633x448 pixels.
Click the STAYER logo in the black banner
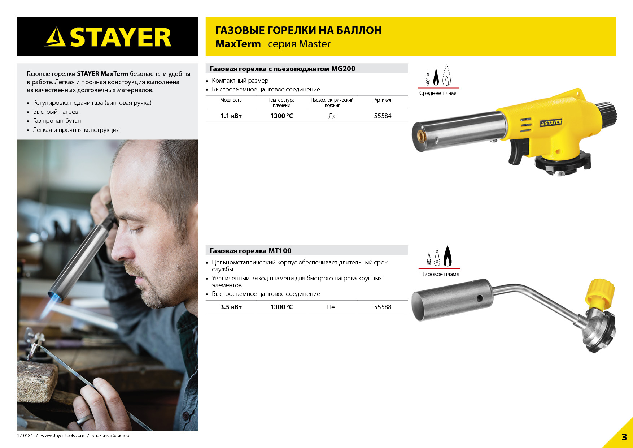[108, 37]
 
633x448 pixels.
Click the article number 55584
[383, 116]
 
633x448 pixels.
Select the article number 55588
[383, 307]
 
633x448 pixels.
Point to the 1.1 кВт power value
[231, 116]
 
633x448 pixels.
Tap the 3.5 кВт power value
[231, 307]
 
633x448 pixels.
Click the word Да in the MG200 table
[332, 116]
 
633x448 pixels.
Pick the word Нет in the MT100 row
[332, 307]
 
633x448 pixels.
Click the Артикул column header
[383, 100]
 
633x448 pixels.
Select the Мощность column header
[231, 100]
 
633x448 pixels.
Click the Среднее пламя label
[438, 93]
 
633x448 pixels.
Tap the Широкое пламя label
[439, 274]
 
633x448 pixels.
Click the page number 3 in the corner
[624, 437]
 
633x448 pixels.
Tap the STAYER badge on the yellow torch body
[551, 123]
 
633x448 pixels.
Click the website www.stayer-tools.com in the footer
[62, 436]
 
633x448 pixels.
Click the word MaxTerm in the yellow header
[238, 44]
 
